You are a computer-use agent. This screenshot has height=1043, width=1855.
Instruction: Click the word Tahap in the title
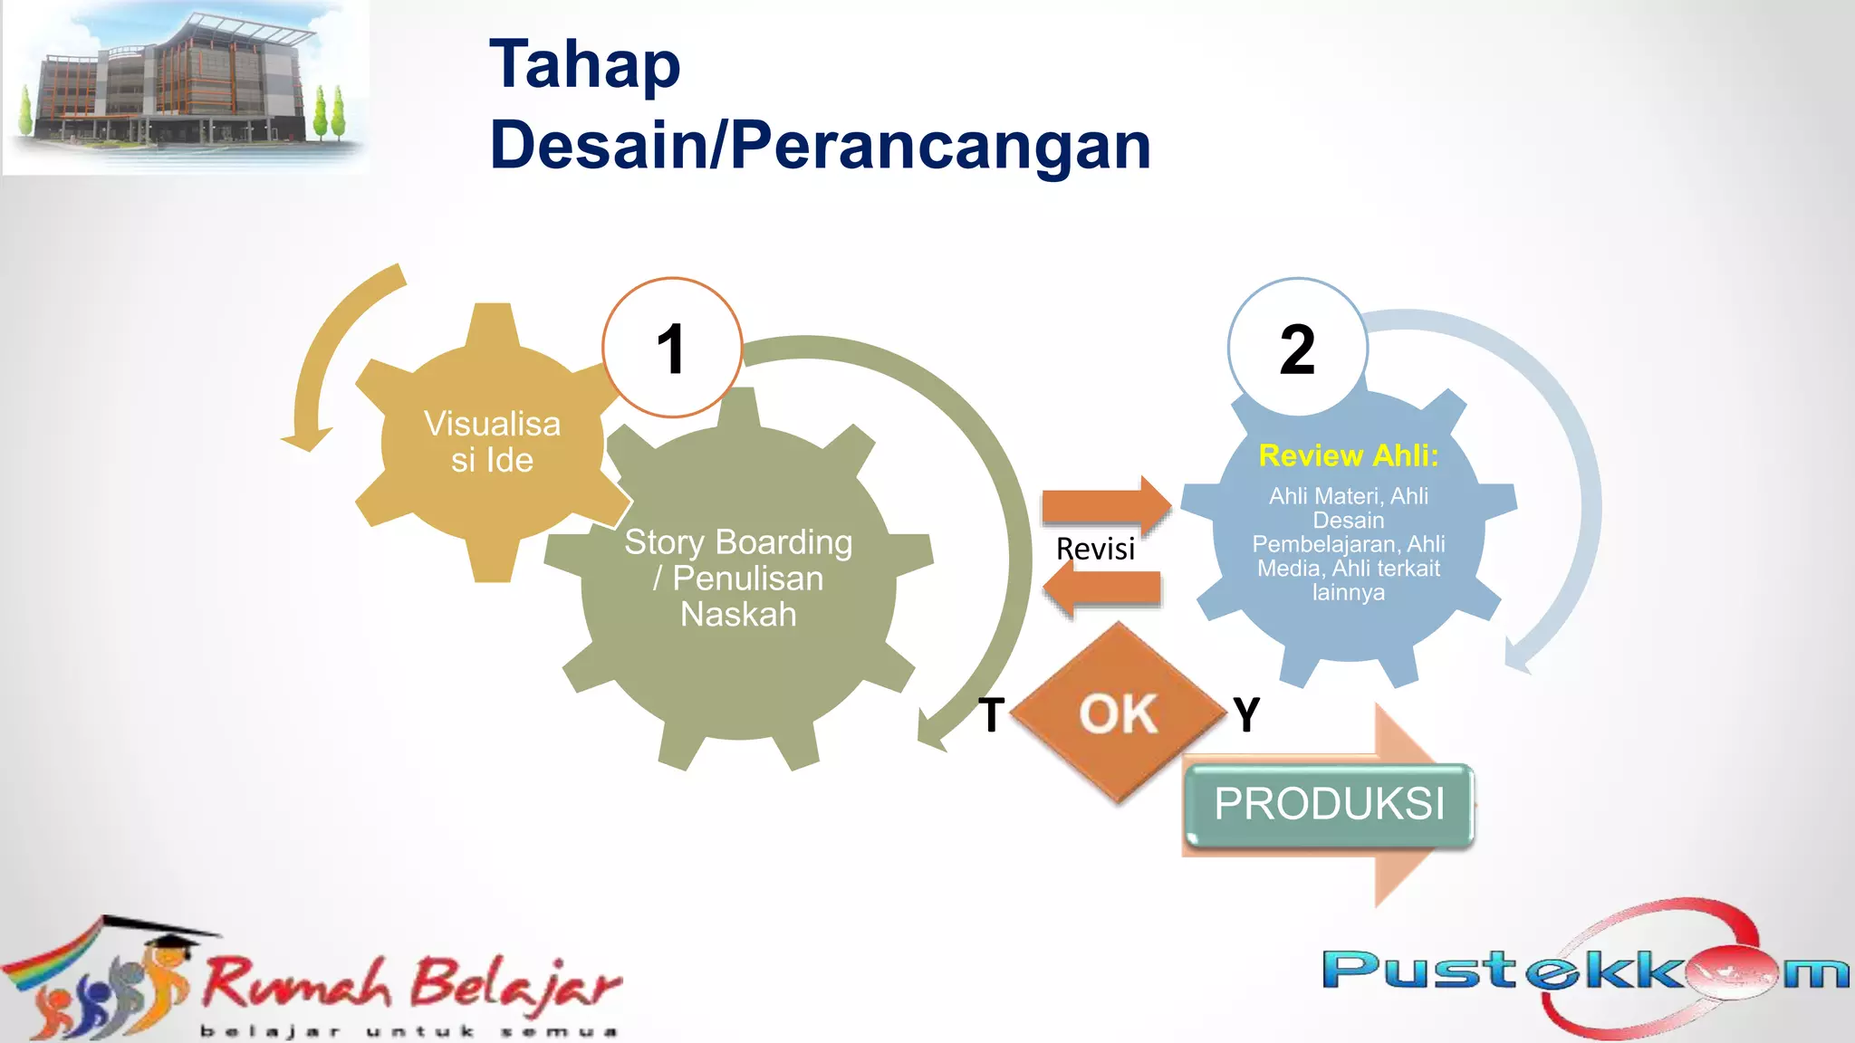(x=584, y=65)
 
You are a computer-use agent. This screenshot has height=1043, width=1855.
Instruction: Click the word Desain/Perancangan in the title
(x=820, y=145)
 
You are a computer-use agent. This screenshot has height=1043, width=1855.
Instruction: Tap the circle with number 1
(x=672, y=348)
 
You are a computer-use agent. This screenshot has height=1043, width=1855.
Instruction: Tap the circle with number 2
(x=1297, y=348)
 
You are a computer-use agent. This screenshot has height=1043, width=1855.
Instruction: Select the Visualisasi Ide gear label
(x=492, y=442)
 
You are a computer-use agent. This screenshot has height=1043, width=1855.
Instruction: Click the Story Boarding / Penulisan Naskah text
(x=738, y=578)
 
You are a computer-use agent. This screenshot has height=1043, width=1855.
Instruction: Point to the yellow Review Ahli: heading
(x=1348, y=455)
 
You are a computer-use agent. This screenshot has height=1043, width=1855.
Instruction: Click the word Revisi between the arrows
(x=1095, y=549)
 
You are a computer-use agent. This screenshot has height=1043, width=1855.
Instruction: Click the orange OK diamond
(x=1119, y=713)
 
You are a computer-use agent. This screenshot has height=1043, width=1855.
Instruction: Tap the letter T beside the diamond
(x=992, y=714)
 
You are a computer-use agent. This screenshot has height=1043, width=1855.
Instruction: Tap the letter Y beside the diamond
(x=1247, y=714)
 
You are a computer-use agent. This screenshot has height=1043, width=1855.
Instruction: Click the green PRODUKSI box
(x=1329, y=804)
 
